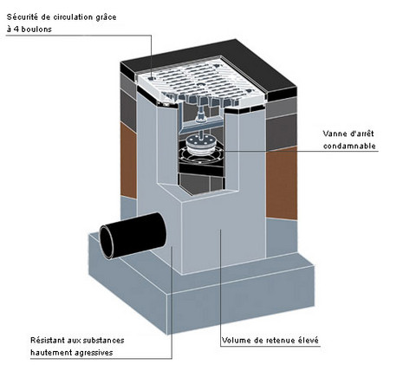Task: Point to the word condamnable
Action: pos(349,146)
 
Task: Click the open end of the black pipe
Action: pos(107,242)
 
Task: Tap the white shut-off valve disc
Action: pos(198,144)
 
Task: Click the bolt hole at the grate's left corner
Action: pos(151,78)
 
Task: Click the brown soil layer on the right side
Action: pos(282,183)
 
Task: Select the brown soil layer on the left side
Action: pos(128,160)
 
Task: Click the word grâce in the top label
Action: pos(106,17)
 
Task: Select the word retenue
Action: pos(281,341)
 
